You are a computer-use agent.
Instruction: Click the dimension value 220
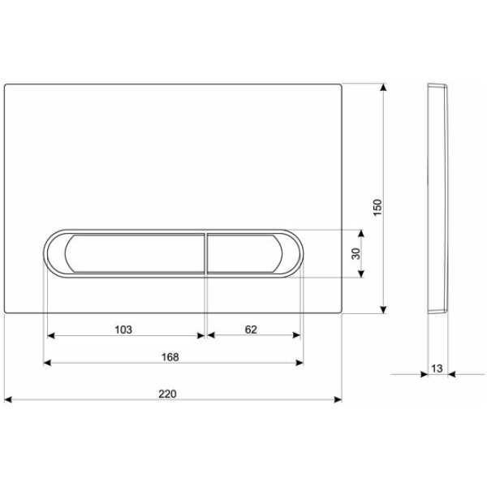click(x=167, y=394)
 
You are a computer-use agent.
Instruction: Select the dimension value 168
click(x=170, y=357)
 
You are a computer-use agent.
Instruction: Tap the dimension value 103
click(x=123, y=330)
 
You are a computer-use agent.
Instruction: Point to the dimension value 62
click(x=251, y=330)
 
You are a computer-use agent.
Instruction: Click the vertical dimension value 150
click(x=377, y=208)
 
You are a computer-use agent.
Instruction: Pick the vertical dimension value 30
click(x=356, y=253)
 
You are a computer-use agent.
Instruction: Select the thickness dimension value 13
click(x=437, y=368)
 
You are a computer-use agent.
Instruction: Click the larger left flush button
click(x=135, y=253)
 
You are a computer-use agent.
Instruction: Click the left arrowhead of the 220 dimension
click(x=8, y=399)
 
